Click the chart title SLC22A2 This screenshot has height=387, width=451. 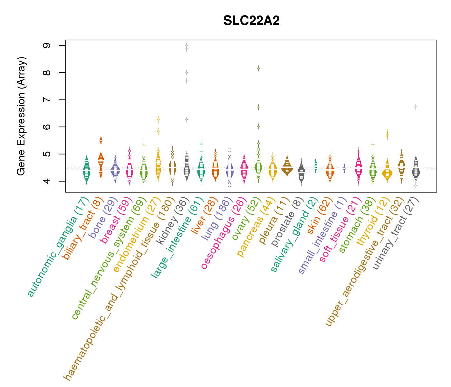[x=251, y=21]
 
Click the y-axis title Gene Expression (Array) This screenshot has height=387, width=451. [x=21, y=116]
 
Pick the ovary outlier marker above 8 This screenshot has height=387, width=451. [x=258, y=68]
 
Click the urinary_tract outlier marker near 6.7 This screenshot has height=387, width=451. [x=416, y=107]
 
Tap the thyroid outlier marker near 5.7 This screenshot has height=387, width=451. [x=387, y=134]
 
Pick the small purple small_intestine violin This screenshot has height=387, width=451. [x=344, y=168]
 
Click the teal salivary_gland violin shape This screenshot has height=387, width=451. [x=316, y=165]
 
